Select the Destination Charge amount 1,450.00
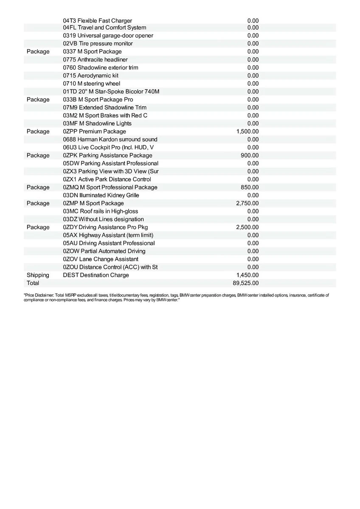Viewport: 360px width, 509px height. click(247, 275)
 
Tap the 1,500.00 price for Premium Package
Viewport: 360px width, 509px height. click(247, 131)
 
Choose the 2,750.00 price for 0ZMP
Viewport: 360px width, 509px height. click(247, 203)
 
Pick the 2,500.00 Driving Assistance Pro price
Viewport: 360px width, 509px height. click(247, 227)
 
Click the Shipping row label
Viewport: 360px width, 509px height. click(38, 275)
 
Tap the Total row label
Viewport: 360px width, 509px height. click(33, 283)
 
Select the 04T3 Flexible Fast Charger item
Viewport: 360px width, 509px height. click(97, 20)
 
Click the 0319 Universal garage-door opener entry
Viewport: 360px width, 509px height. click(108, 36)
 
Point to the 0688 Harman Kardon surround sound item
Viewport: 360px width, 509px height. click(110, 140)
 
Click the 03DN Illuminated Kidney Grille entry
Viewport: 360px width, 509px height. click(101, 195)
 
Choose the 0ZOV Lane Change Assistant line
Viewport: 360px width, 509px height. click(101, 259)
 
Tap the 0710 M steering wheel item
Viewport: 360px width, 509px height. click(91, 84)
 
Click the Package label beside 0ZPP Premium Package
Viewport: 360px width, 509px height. click(38, 131)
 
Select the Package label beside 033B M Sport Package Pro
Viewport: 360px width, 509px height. click(38, 99)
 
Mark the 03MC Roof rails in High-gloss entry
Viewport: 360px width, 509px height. click(100, 211)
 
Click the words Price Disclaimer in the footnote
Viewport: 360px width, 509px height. click(38, 295)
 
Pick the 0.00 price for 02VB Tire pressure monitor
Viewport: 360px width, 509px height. click(253, 44)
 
